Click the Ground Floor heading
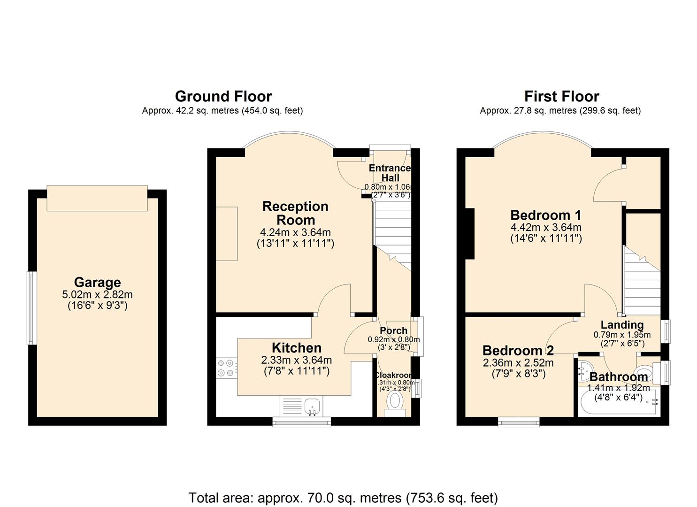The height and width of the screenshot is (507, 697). (x=223, y=96)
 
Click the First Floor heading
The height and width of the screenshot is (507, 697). (x=561, y=96)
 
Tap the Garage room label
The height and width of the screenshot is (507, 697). (x=97, y=282)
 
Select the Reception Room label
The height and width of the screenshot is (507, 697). (x=295, y=213)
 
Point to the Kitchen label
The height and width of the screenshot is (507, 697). (x=297, y=348)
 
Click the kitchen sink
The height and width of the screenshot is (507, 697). (x=312, y=406)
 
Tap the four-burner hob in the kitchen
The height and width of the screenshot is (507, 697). (x=226, y=368)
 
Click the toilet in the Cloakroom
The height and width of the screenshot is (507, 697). (x=395, y=402)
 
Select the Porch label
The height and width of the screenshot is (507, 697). (x=393, y=330)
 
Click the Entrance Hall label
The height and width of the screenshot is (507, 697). (x=390, y=173)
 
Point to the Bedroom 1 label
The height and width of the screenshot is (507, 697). (x=545, y=215)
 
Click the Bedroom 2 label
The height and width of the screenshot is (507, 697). (x=518, y=350)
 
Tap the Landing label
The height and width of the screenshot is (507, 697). (x=622, y=324)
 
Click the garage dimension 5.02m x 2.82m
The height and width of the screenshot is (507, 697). (x=97, y=295)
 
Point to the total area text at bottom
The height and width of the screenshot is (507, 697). (x=343, y=498)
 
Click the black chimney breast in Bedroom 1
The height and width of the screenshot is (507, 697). (x=470, y=233)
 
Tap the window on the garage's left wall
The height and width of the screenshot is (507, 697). (x=31, y=308)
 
